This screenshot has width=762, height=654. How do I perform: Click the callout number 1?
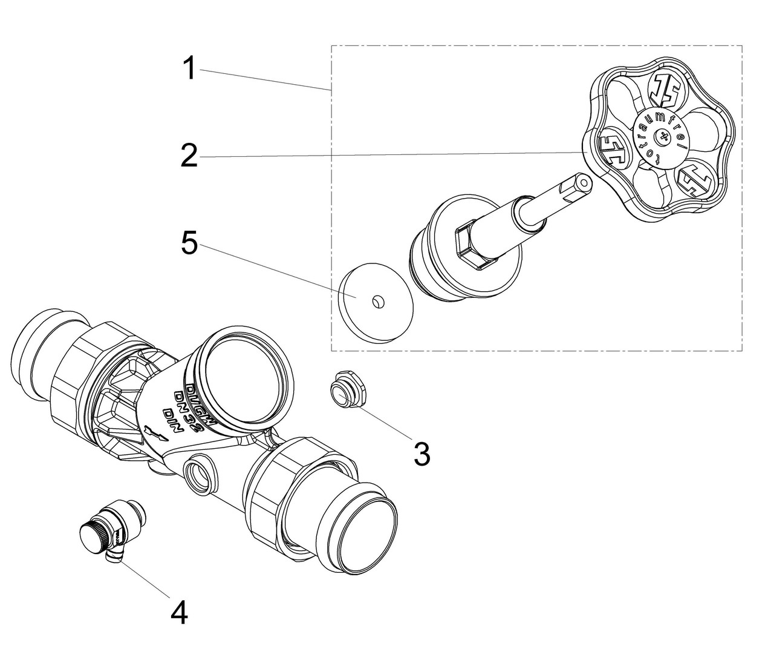(x=190, y=69)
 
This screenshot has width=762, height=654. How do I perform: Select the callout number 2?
(x=189, y=156)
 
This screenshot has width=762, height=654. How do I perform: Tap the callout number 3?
(x=422, y=453)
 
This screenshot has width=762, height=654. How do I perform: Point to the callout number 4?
(x=179, y=613)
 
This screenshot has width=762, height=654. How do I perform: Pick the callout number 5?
(x=189, y=244)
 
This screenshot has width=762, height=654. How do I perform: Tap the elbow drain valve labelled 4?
(x=114, y=527)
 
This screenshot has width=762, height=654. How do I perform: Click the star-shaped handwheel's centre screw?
(x=665, y=137)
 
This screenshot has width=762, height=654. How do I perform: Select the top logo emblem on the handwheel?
(x=663, y=89)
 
